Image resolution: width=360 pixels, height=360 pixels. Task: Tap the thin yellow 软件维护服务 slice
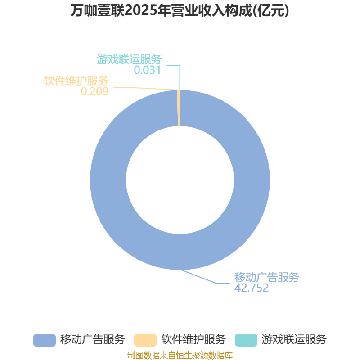click(178, 108)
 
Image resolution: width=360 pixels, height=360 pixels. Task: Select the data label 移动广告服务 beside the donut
click(266, 277)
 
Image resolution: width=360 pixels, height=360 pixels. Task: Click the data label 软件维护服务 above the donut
click(76, 81)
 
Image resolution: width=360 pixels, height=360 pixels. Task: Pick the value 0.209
click(94, 92)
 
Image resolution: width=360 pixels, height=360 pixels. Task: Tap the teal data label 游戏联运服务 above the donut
click(129, 59)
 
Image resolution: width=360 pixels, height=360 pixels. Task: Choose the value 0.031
click(147, 70)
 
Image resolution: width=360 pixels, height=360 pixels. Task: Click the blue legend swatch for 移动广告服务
click(44, 340)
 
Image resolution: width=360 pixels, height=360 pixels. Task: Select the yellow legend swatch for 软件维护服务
click(145, 340)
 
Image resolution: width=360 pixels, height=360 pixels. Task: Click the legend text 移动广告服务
click(92, 340)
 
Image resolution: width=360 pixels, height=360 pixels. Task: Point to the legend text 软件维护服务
click(193, 340)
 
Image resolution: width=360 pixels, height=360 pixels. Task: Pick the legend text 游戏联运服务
click(294, 340)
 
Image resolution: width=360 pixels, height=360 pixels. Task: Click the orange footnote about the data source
click(180, 355)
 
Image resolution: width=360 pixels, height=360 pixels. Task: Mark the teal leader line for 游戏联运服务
click(180, 76)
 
